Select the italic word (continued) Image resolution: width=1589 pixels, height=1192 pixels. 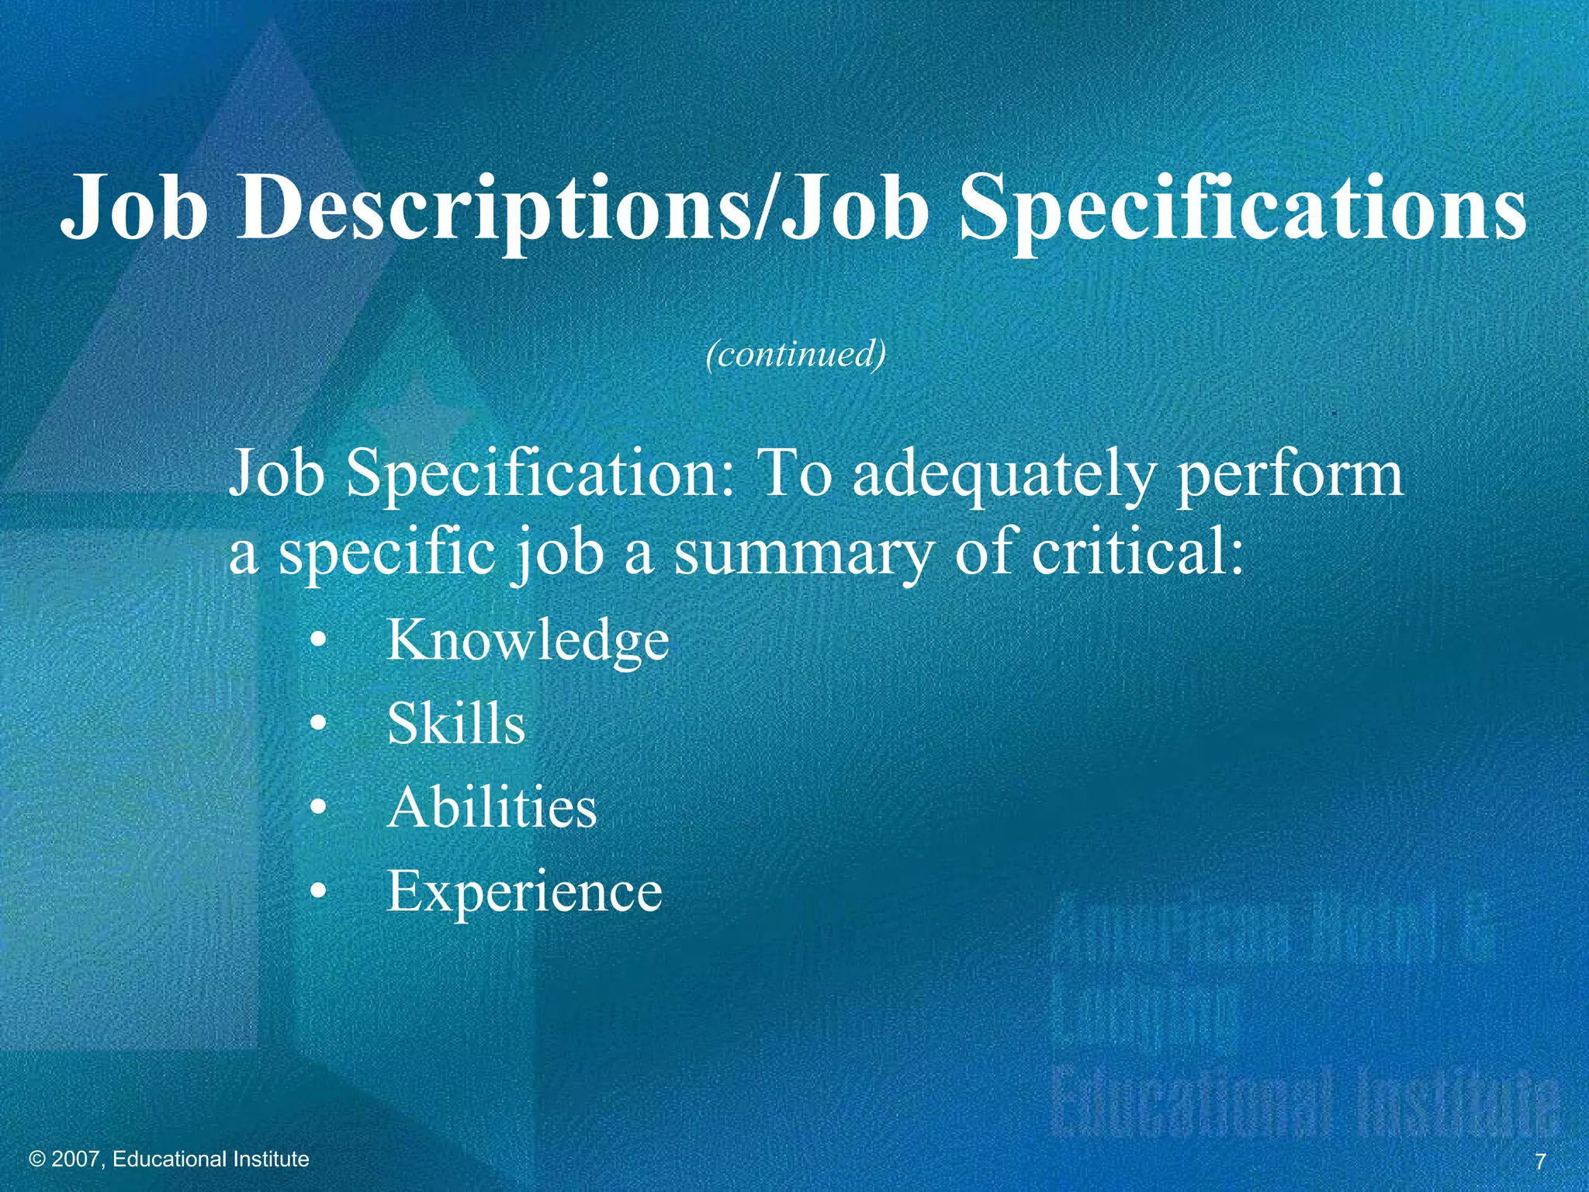795,354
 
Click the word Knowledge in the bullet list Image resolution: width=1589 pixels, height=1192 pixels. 528,641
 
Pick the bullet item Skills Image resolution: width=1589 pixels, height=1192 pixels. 456,723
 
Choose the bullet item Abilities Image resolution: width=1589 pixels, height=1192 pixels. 492,807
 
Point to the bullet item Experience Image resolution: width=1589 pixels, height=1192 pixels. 524,891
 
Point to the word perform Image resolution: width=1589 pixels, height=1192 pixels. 1290,475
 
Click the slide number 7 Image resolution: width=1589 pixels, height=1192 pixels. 1540,1162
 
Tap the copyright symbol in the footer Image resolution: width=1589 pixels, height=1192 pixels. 36,1159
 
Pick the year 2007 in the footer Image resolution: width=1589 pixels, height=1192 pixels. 75,1159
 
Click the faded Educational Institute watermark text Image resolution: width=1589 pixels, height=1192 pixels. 1303,1102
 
